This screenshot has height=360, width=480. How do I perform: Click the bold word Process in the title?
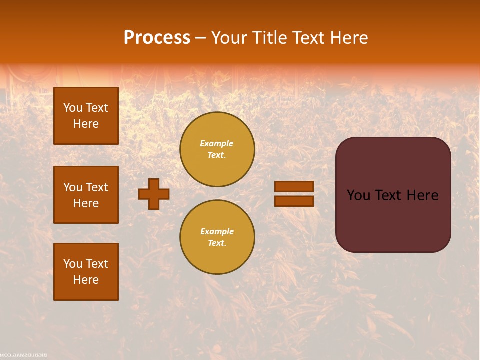click(157, 38)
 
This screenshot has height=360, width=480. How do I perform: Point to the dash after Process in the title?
click(200, 38)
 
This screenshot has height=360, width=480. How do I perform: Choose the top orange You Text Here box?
click(86, 116)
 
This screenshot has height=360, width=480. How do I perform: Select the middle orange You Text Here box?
click(86, 195)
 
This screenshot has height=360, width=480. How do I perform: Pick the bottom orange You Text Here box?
click(86, 272)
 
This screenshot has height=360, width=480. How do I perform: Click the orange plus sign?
click(154, 194)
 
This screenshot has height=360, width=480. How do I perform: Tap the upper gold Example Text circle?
click(217, 149)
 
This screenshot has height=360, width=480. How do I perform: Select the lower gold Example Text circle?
click(217, 237)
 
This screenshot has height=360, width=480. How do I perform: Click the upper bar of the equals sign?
click(294, 187)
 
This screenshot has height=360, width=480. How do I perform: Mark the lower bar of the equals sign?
click(294, 201)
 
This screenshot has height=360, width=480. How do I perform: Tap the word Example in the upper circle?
click(217, 143)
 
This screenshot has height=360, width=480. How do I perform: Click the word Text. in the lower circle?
click(217, 243)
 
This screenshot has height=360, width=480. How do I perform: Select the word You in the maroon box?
click(359, 195)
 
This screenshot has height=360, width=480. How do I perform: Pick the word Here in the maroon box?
click(422, 195)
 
